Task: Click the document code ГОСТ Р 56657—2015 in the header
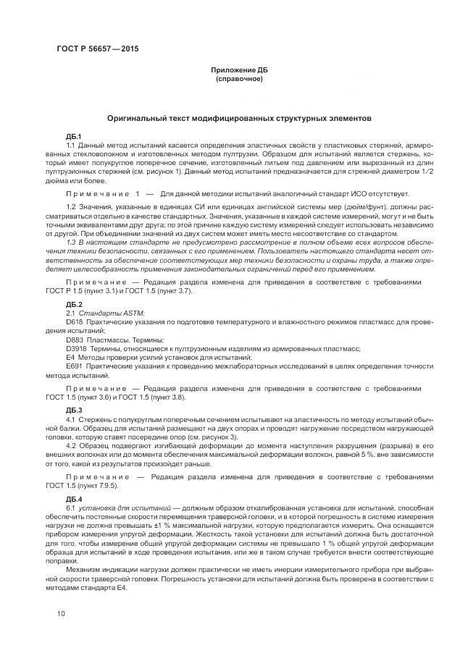[x=97, y=49]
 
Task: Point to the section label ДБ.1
[x=74, y=137]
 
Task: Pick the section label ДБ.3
[x=74, y=411]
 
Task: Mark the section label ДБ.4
[x=74, y=500]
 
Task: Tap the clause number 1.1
[x=71, y=146]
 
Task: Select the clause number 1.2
[x=71, y=209]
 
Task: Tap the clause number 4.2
[x=71, y=446]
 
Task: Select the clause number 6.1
[x=71, y=508]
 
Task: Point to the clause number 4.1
[x=71, y=419]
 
